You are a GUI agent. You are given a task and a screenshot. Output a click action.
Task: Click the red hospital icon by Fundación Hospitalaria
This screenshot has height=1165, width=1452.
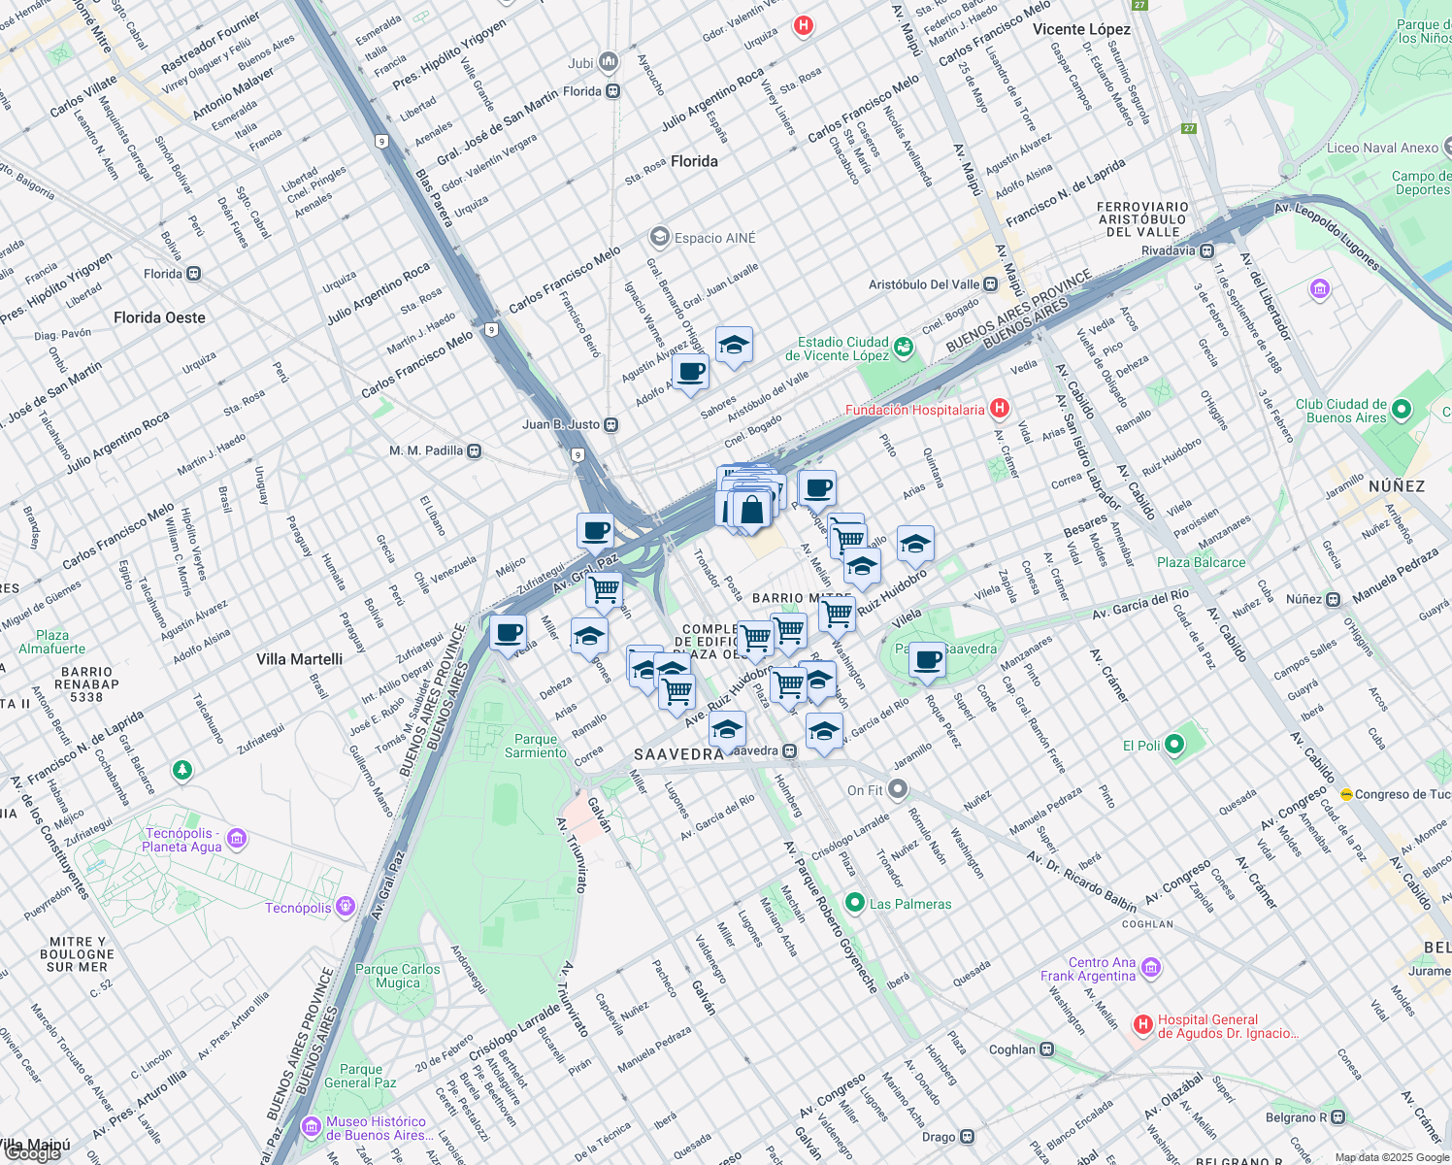coord(1000,409)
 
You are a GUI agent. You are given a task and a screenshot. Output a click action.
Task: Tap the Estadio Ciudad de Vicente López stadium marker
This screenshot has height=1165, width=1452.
coord(904,347)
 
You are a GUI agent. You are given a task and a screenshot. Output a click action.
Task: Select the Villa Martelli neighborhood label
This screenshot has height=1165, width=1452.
coord(299,659)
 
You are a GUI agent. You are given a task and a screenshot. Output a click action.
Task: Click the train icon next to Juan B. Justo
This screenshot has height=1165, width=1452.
coord(610,424)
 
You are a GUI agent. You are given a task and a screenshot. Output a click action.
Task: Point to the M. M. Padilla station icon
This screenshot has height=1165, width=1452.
coord(474,450)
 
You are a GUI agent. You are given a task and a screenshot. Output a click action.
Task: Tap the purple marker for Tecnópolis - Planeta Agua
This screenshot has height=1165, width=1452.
coord(237,838)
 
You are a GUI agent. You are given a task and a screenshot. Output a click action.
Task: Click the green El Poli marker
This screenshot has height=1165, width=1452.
coord(1174,745)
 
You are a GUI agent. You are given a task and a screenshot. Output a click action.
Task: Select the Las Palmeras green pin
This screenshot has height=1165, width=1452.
coord(854,903)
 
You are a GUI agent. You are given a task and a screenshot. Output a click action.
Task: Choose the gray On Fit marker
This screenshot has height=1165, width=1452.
coord(898,789)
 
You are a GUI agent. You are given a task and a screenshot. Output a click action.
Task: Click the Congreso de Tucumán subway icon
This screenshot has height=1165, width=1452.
coord(1346,794)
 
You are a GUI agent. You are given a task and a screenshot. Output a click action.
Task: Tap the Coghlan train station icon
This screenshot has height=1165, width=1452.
coord(1046,1048)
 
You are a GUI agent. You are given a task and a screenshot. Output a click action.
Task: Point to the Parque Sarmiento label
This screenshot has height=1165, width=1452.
coord(536,746)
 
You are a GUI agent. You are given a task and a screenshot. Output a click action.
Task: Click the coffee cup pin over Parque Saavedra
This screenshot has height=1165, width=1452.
coord(928,660)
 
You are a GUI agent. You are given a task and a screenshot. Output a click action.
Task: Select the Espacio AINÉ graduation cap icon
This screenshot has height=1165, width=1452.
coord(660,237)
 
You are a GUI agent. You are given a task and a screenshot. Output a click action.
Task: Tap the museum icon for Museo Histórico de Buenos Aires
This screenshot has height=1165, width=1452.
coord(312,1126)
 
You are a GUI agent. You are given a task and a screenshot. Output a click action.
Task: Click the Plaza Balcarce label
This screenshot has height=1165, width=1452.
coord(1201,562)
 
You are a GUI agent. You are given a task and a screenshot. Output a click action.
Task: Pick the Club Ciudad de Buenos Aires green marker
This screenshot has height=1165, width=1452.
coord(1401,410)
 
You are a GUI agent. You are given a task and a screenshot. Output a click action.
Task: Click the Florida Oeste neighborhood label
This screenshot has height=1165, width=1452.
coord(159,317)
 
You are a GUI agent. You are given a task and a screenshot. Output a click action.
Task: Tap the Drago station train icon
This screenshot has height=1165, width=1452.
coord(967,1136)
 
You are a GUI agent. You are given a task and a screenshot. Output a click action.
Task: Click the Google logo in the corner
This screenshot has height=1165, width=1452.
coord(31,1153)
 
